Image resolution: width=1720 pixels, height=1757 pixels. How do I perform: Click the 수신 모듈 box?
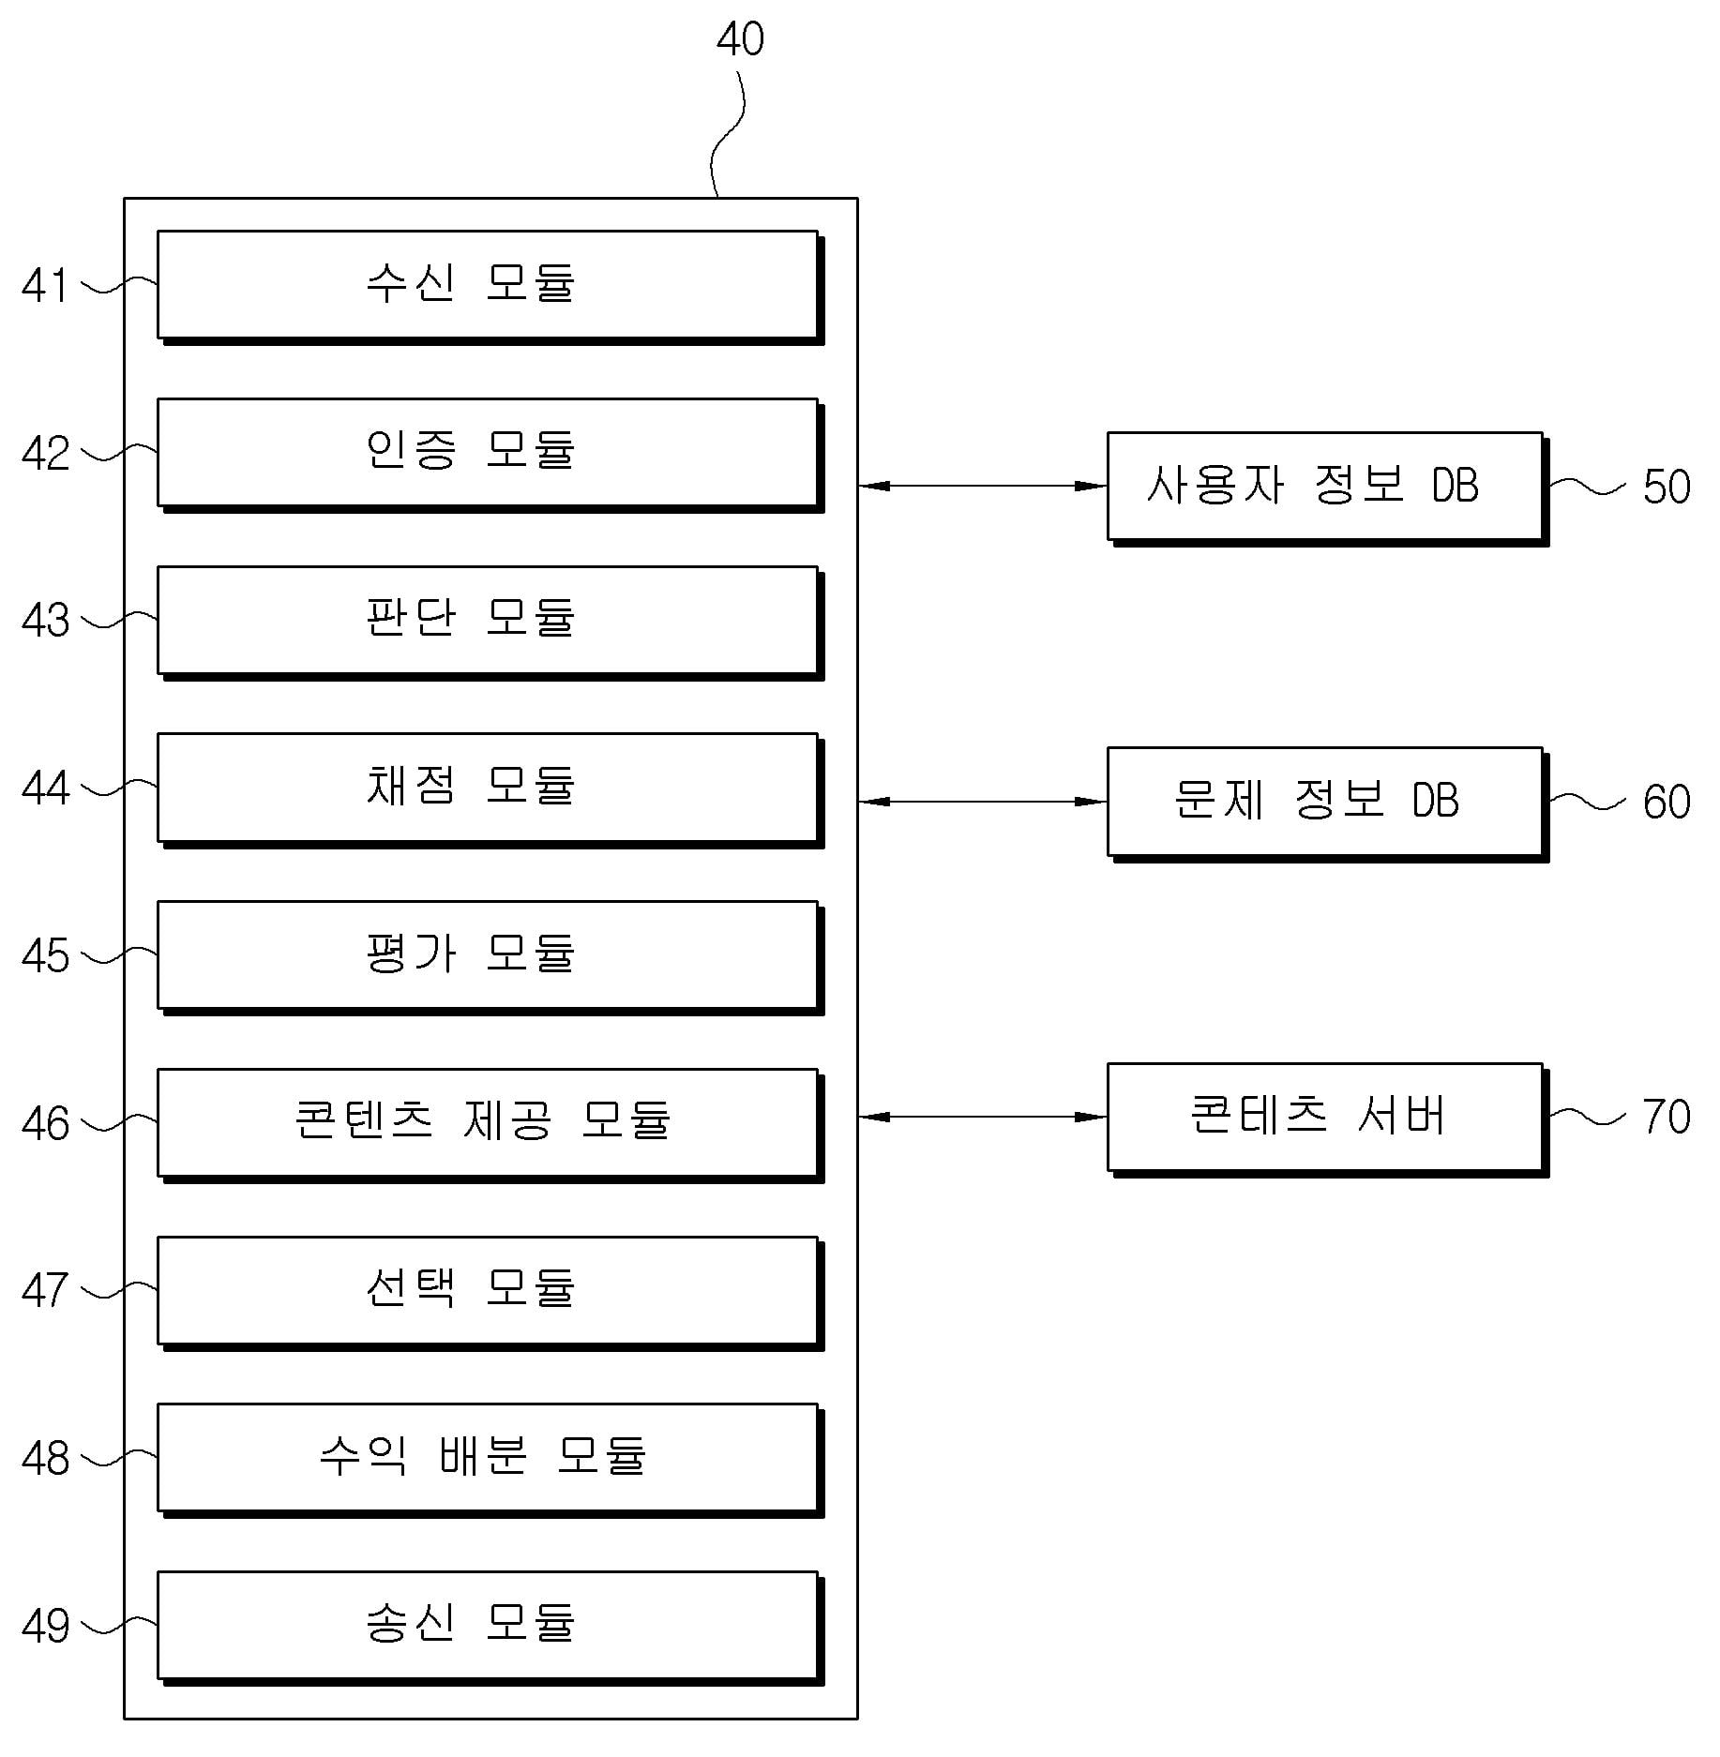[488, 284]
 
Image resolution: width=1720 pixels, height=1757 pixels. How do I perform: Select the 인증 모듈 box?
[488, 452]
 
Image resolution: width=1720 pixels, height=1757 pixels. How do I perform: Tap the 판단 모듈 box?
[488, 620]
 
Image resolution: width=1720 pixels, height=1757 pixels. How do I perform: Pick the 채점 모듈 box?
[488, 788]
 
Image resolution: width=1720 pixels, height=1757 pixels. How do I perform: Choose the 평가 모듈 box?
[488, 954]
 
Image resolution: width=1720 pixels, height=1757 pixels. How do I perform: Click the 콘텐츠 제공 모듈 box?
[488, 1122]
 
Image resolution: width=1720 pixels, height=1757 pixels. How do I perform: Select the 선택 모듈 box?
[488, 1290]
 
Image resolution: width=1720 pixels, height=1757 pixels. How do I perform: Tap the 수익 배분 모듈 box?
[488, 1457]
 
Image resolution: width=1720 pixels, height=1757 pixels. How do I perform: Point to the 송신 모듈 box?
[488, 1625]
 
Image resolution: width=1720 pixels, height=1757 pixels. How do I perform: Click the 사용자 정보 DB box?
[1324, 486]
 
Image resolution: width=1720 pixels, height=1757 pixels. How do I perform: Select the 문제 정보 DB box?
[1324, 802]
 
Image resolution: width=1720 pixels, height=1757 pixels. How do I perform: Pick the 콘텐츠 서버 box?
[1324, 1117]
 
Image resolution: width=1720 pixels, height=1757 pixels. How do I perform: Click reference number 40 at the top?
[740, 39]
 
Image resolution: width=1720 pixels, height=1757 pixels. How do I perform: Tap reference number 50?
[1667, 487]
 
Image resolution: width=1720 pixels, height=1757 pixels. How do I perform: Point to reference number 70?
[1667, 1117]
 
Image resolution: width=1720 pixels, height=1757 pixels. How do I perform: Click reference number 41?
[45, 286]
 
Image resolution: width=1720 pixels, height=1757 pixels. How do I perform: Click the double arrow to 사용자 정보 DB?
[982, 486]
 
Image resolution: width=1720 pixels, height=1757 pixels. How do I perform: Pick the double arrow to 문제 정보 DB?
[982, 802]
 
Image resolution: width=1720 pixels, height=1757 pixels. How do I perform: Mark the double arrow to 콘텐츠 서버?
[982, 1117]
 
